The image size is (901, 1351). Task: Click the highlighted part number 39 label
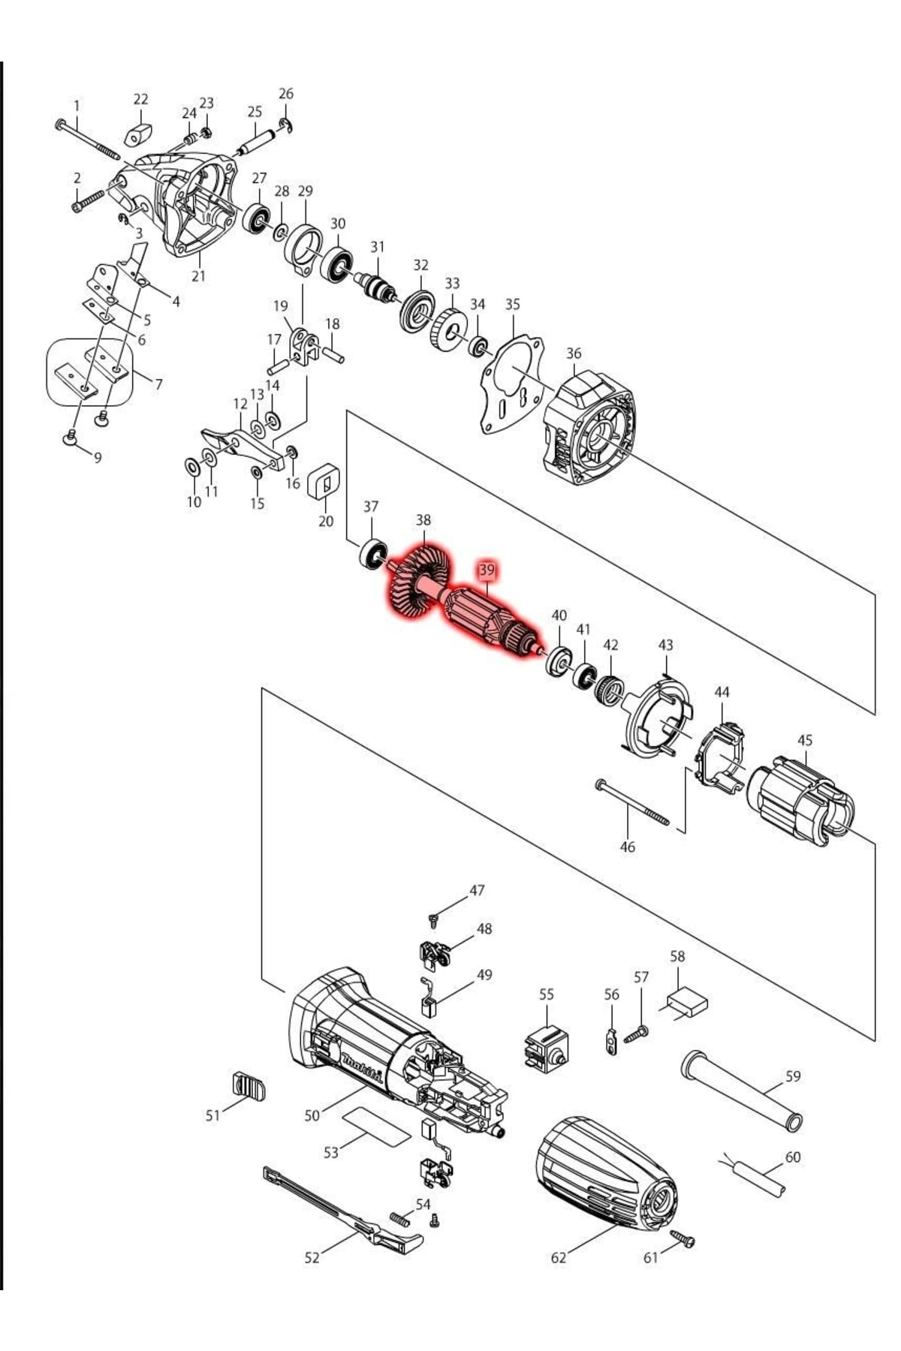click(x=487, y=570)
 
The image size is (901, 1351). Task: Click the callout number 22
click(x=141, y=99)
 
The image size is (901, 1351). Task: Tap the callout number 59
click(x=793, y=1076)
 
